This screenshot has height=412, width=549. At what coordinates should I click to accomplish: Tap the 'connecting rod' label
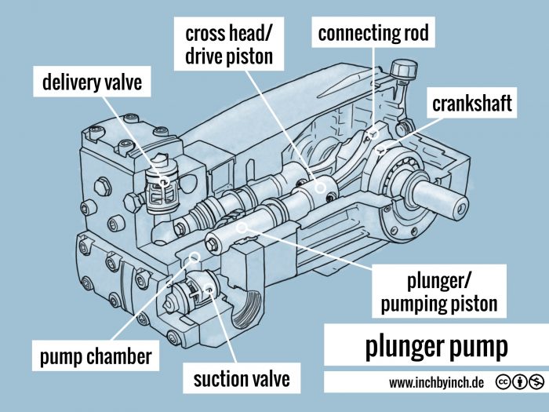(x=374, y=33)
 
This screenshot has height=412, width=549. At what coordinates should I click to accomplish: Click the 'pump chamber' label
(x=96, y=357)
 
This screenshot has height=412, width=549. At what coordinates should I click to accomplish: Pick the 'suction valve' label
(x=242, y=379)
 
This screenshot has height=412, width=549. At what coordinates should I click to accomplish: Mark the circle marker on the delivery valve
(x=163, y=182)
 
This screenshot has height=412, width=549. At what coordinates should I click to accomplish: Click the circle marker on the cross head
(x=320, y=187)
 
